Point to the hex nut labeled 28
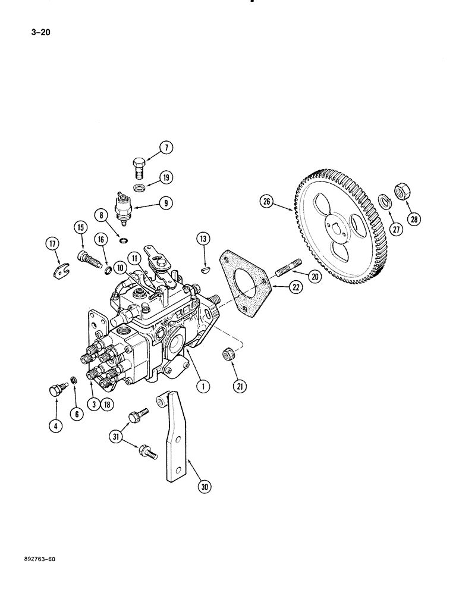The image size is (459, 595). click(403, 192)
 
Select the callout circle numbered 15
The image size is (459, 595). click(80, 227)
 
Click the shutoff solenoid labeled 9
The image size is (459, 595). click(124, 208)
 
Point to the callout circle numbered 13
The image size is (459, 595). click(203, 239)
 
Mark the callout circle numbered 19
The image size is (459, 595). click(165, 176)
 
